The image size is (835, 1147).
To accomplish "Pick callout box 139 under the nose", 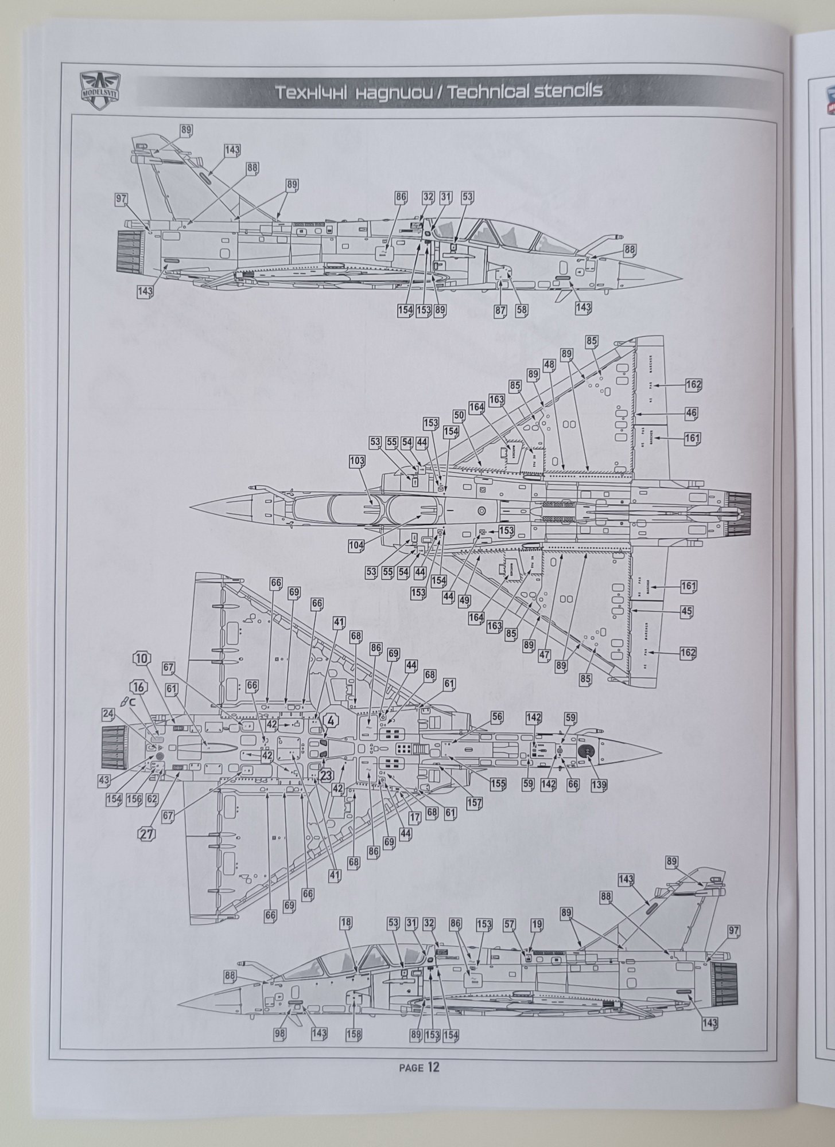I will coord(598,785).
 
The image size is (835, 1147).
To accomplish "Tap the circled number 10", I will coord(142,658).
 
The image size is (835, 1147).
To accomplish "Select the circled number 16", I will coord(138,687).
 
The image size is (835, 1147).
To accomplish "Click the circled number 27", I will coord(147,834).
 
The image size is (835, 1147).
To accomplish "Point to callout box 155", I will coord(498,783).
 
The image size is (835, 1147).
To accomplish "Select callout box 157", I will coord(475,802).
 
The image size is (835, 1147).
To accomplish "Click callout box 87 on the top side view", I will coord(501,310).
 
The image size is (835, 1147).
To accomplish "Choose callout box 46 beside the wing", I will coord(691,413).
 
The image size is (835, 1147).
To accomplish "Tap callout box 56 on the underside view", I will coord(496,718).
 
